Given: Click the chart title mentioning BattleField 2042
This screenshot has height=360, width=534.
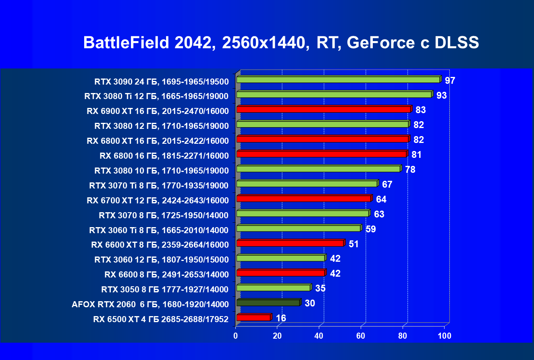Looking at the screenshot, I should [281, 43].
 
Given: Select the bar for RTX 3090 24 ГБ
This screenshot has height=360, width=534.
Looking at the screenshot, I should [338, 80].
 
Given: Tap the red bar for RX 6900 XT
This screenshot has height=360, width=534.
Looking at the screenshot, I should [323, 110].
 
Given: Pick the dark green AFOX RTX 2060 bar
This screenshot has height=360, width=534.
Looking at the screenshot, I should [268, 302].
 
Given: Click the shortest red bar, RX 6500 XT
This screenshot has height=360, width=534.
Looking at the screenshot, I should [253, 318].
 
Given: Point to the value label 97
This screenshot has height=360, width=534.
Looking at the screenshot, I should [450, 81].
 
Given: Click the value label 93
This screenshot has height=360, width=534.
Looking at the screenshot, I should [442, 95].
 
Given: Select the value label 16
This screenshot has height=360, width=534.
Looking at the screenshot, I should [281, 318].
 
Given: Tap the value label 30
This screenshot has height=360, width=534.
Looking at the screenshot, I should [310, 303].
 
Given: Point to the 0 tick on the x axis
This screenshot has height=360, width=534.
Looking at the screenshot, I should [236, 335].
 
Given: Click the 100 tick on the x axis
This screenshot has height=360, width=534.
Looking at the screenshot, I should [444, 335].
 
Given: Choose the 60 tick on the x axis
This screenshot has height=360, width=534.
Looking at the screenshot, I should [361, 335].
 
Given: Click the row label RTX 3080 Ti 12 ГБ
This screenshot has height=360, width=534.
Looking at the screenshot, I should [156, 96].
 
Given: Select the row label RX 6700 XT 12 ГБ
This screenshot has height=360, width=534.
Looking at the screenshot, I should [158, 201].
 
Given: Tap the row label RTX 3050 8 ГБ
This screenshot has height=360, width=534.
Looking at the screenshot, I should [165, 290].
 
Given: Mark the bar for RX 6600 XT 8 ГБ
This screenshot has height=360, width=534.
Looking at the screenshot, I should [290, 243].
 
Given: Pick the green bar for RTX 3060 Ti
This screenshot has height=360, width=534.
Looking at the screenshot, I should [298, 228].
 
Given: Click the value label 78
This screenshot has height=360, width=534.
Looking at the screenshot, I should [410, 170].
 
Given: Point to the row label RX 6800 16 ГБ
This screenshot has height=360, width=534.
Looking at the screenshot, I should [164, 156].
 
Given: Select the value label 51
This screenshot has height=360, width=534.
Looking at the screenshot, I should [354, 244].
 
